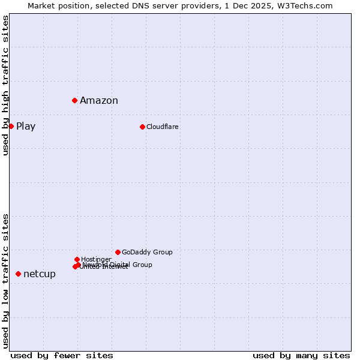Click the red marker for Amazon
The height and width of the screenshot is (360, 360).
point(74,100)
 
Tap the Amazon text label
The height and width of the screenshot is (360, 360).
point(99,101)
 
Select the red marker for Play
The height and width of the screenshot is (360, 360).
point(11,126)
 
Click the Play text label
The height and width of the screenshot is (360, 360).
point(26,127)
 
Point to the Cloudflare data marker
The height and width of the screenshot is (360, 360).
point(142,127)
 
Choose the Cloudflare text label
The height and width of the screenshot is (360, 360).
point(163,127)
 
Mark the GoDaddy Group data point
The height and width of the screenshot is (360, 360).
point(118,252)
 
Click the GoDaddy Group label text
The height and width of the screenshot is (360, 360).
point(147,253)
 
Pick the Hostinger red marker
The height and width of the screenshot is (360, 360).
point(77,259)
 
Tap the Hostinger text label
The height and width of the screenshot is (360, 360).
point(96,260)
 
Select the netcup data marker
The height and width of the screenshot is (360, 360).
point(18,274)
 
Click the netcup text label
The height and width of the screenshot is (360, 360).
point(40,274)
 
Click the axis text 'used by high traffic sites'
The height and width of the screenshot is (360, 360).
point(6,85)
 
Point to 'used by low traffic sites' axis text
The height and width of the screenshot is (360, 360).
point(6,280)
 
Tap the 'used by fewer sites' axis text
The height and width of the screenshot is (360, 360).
point(62,355)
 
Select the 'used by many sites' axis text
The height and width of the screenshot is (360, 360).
point(301,355)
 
